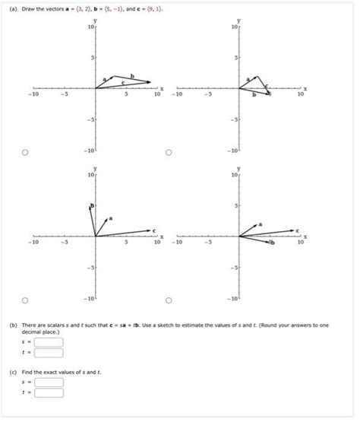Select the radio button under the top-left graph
25,153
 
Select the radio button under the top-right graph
169,153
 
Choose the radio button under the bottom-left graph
25,300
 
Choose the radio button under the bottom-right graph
169,300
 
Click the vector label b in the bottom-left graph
93,206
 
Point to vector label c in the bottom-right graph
298,229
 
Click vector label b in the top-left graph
132,75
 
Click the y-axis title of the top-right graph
239,19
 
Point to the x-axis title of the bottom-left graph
161,236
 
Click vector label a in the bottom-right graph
261,225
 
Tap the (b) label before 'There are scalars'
13,325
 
